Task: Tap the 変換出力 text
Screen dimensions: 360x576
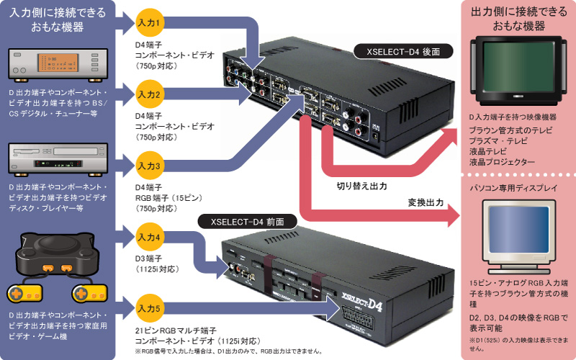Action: (x=423, y=204)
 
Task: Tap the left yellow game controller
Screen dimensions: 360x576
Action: (x=24, y=294)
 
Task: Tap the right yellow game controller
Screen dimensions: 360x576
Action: (x=87, y=294)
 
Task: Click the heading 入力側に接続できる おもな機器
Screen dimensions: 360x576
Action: (x=57, y=19)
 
